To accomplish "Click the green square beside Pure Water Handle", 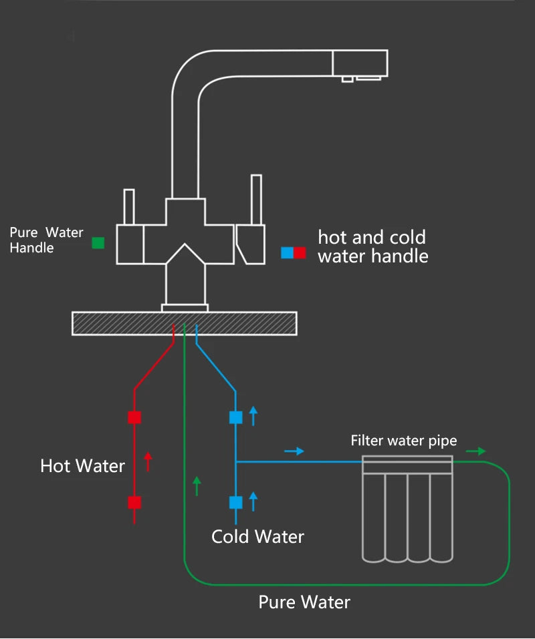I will (98, 242).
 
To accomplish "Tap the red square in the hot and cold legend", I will (300, 252).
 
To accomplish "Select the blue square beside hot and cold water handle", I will (287, 252).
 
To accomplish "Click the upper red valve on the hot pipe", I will (134, 417).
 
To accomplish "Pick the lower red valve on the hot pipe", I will (134, 503).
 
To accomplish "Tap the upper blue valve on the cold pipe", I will (235, 417).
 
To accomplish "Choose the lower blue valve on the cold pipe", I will (235, 503).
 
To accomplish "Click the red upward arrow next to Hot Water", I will (148, 461).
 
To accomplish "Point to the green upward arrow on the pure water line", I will (196, 485).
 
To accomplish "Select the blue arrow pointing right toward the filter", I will (294, 451).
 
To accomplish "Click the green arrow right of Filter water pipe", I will (475, 451).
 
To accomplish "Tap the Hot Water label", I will (82, 465).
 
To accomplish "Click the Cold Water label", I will (257, 536).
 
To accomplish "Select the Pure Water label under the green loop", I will (304, 602).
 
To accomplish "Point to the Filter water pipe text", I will (404, 441).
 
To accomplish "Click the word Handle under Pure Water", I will (31, 248).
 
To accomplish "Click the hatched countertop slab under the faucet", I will (185, 323).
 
